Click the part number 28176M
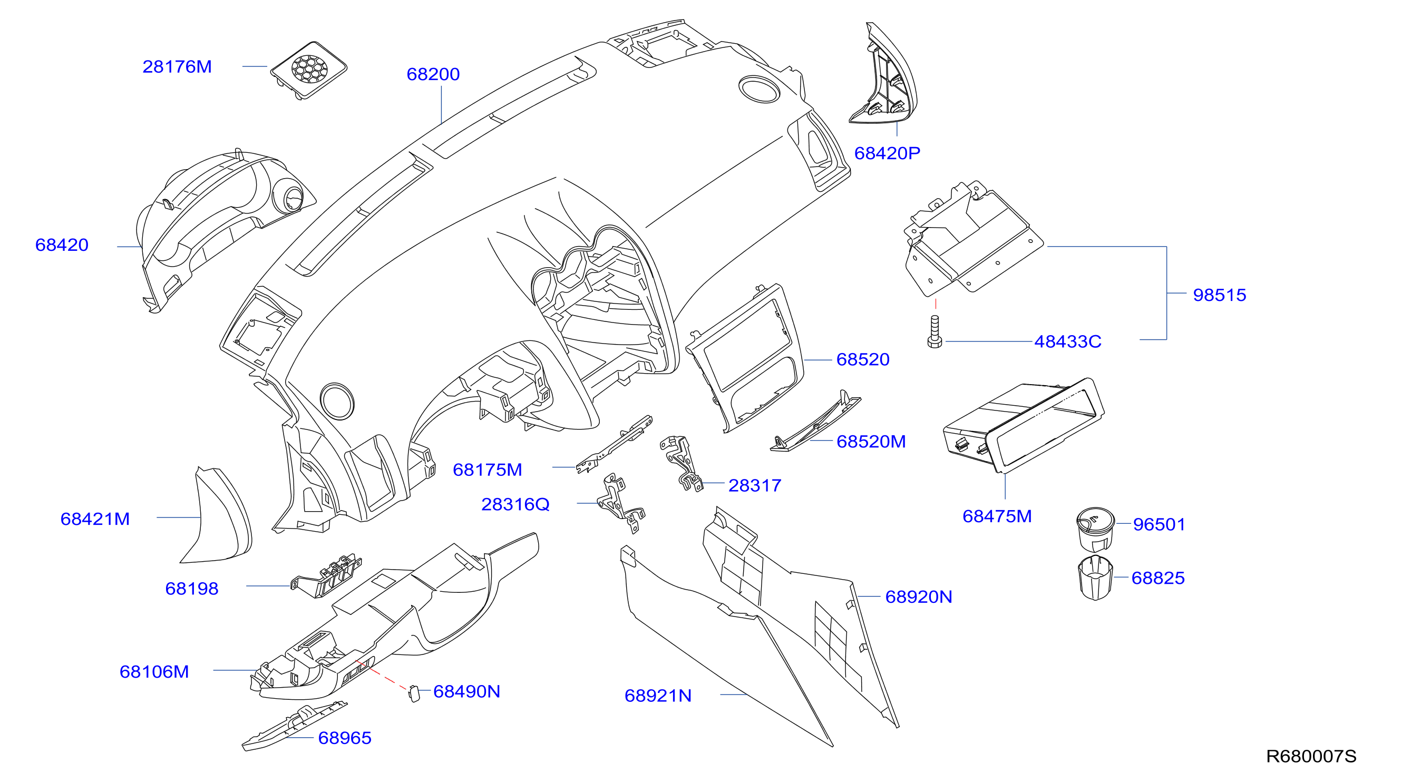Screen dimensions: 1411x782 pos(177,67)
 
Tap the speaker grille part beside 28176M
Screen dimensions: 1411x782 pos(308,70)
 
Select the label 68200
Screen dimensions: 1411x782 pos(433,74)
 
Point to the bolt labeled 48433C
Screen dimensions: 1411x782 pos(935,331)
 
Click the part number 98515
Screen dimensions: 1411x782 pos(1219,295)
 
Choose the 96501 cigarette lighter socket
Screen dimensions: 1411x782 pos(1094,529)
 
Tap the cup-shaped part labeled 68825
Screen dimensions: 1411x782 pos(1095,578)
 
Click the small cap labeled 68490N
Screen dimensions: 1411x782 pos(414,694)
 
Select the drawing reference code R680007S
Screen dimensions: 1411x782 pos(1311,756)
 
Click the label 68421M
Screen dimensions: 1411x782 pos(95,519)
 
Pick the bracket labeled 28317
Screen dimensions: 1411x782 pos(681,463)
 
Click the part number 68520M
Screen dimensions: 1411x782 pos(871,442)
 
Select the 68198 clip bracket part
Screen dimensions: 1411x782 pos(326,576)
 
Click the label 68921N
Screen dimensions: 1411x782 pos(658,696)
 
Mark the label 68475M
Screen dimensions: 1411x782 pos(997,516)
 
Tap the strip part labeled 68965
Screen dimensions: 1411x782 pos(295,726)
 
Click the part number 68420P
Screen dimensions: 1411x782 pos(888,153)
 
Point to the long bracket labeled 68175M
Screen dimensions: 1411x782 pos(615,444)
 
